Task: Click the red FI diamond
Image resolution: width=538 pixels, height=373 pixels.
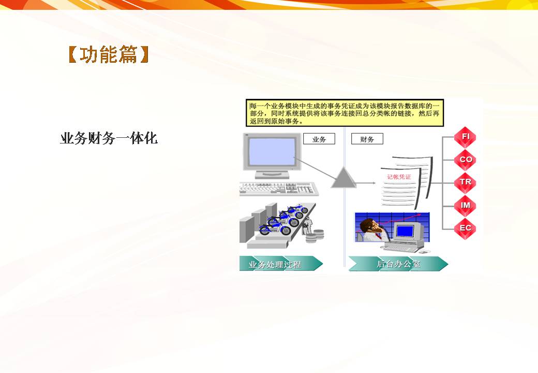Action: point(465,137)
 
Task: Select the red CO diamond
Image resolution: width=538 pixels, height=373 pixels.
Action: point(465,160)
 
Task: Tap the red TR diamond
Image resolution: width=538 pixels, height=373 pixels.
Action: point(465,182)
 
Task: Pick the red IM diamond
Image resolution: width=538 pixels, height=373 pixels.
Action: point(465,205)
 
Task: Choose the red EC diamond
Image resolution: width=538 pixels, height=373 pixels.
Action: point(465,228)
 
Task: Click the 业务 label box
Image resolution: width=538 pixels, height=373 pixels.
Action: point(319,139)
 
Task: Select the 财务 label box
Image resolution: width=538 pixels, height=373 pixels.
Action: point(367,139)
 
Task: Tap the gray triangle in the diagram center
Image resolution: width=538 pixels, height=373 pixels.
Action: point(343,178)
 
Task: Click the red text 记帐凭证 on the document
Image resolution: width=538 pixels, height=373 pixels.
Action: point(399,177)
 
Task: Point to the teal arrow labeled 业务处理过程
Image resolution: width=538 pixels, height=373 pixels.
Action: point(281,264)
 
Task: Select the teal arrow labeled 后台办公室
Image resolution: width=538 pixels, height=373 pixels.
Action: point(398,264)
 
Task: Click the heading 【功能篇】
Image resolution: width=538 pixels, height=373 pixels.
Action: point(109,54)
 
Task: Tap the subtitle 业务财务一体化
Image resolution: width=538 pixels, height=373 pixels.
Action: point(109,138)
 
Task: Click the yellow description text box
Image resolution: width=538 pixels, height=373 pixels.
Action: point(345,113)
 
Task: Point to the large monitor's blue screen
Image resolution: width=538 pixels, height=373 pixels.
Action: point(272,151)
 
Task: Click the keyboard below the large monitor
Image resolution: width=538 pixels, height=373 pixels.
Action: point(279,189)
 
